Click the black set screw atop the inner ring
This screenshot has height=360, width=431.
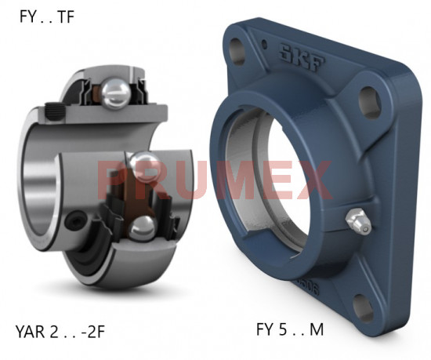coord(55,109)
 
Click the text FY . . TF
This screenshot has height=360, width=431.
coord(46,16)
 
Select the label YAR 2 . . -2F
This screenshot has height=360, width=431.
coord(60,331)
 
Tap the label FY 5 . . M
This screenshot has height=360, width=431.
coord(290,330)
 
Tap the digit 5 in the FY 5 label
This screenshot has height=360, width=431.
coord(282,330)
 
